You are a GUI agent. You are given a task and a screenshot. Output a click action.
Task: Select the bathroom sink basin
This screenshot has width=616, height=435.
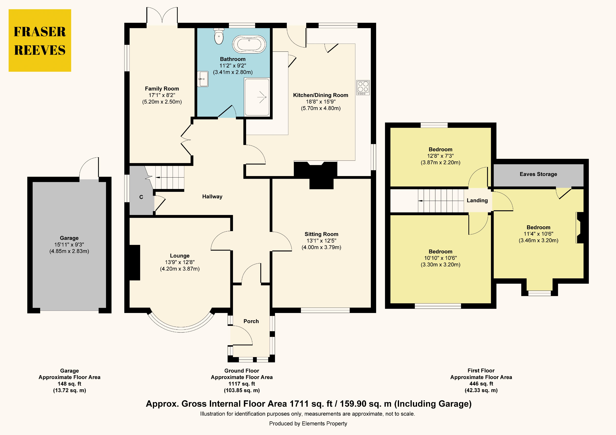point(203,79)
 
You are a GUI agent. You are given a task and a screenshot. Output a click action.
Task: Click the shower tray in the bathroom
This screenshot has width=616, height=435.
point(257,97)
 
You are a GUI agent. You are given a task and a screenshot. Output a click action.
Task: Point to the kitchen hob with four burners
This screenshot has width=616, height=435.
point(363,87)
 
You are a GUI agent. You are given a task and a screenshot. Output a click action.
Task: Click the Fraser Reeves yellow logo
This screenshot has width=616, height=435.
point(40,41)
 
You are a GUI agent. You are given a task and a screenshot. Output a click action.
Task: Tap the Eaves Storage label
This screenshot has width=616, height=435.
point(538,174)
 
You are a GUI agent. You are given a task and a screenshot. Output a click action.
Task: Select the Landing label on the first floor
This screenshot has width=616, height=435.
point(477,200)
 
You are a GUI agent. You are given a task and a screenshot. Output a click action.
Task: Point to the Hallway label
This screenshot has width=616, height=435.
point(212,197)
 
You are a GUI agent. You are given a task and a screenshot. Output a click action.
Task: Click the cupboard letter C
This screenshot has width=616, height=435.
point(141,197)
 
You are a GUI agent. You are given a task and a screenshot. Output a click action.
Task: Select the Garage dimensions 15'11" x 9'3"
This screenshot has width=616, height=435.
point(69,245)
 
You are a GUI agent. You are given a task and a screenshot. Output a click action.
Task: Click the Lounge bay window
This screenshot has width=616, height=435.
point(181,325)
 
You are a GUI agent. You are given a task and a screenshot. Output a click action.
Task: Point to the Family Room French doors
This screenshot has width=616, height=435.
point(162,16)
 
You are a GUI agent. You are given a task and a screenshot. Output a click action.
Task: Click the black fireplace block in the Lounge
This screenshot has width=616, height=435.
point(135,263)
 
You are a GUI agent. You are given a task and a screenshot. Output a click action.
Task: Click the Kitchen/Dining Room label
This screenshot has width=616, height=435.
point(321,95)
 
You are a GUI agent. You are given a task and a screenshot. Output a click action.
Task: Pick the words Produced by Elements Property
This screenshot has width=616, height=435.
point(308,423)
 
